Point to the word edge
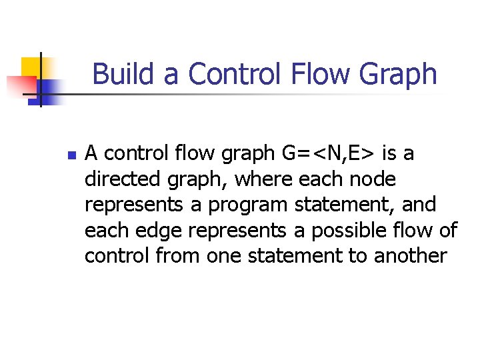(x=159, y=230)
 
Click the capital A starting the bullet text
(x=92, y=154)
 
